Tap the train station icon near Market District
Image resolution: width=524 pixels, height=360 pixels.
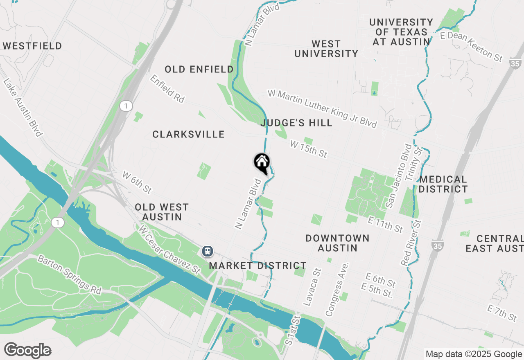(x=208, y=251)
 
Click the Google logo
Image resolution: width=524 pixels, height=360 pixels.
(x=27, y=351)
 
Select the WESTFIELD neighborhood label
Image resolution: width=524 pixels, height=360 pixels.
(x=32, y=46)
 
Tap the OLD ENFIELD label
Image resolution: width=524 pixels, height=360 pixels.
(x=199, y=70)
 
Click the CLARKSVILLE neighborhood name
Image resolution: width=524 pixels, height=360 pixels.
(x=188, y=134)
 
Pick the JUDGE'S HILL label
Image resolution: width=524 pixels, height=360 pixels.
(x=296, y=123)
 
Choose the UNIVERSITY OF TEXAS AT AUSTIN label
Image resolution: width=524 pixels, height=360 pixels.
(x=401, y=32)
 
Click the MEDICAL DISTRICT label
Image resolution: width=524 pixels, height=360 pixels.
(x=443, y=184)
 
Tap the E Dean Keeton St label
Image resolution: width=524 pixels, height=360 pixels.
(x=471, y=47)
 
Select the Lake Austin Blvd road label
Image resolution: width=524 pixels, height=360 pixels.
(x=23, y=108)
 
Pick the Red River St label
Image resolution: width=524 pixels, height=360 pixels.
(x=411, y=243)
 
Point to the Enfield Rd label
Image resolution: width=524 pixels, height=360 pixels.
(x=167, y=88)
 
